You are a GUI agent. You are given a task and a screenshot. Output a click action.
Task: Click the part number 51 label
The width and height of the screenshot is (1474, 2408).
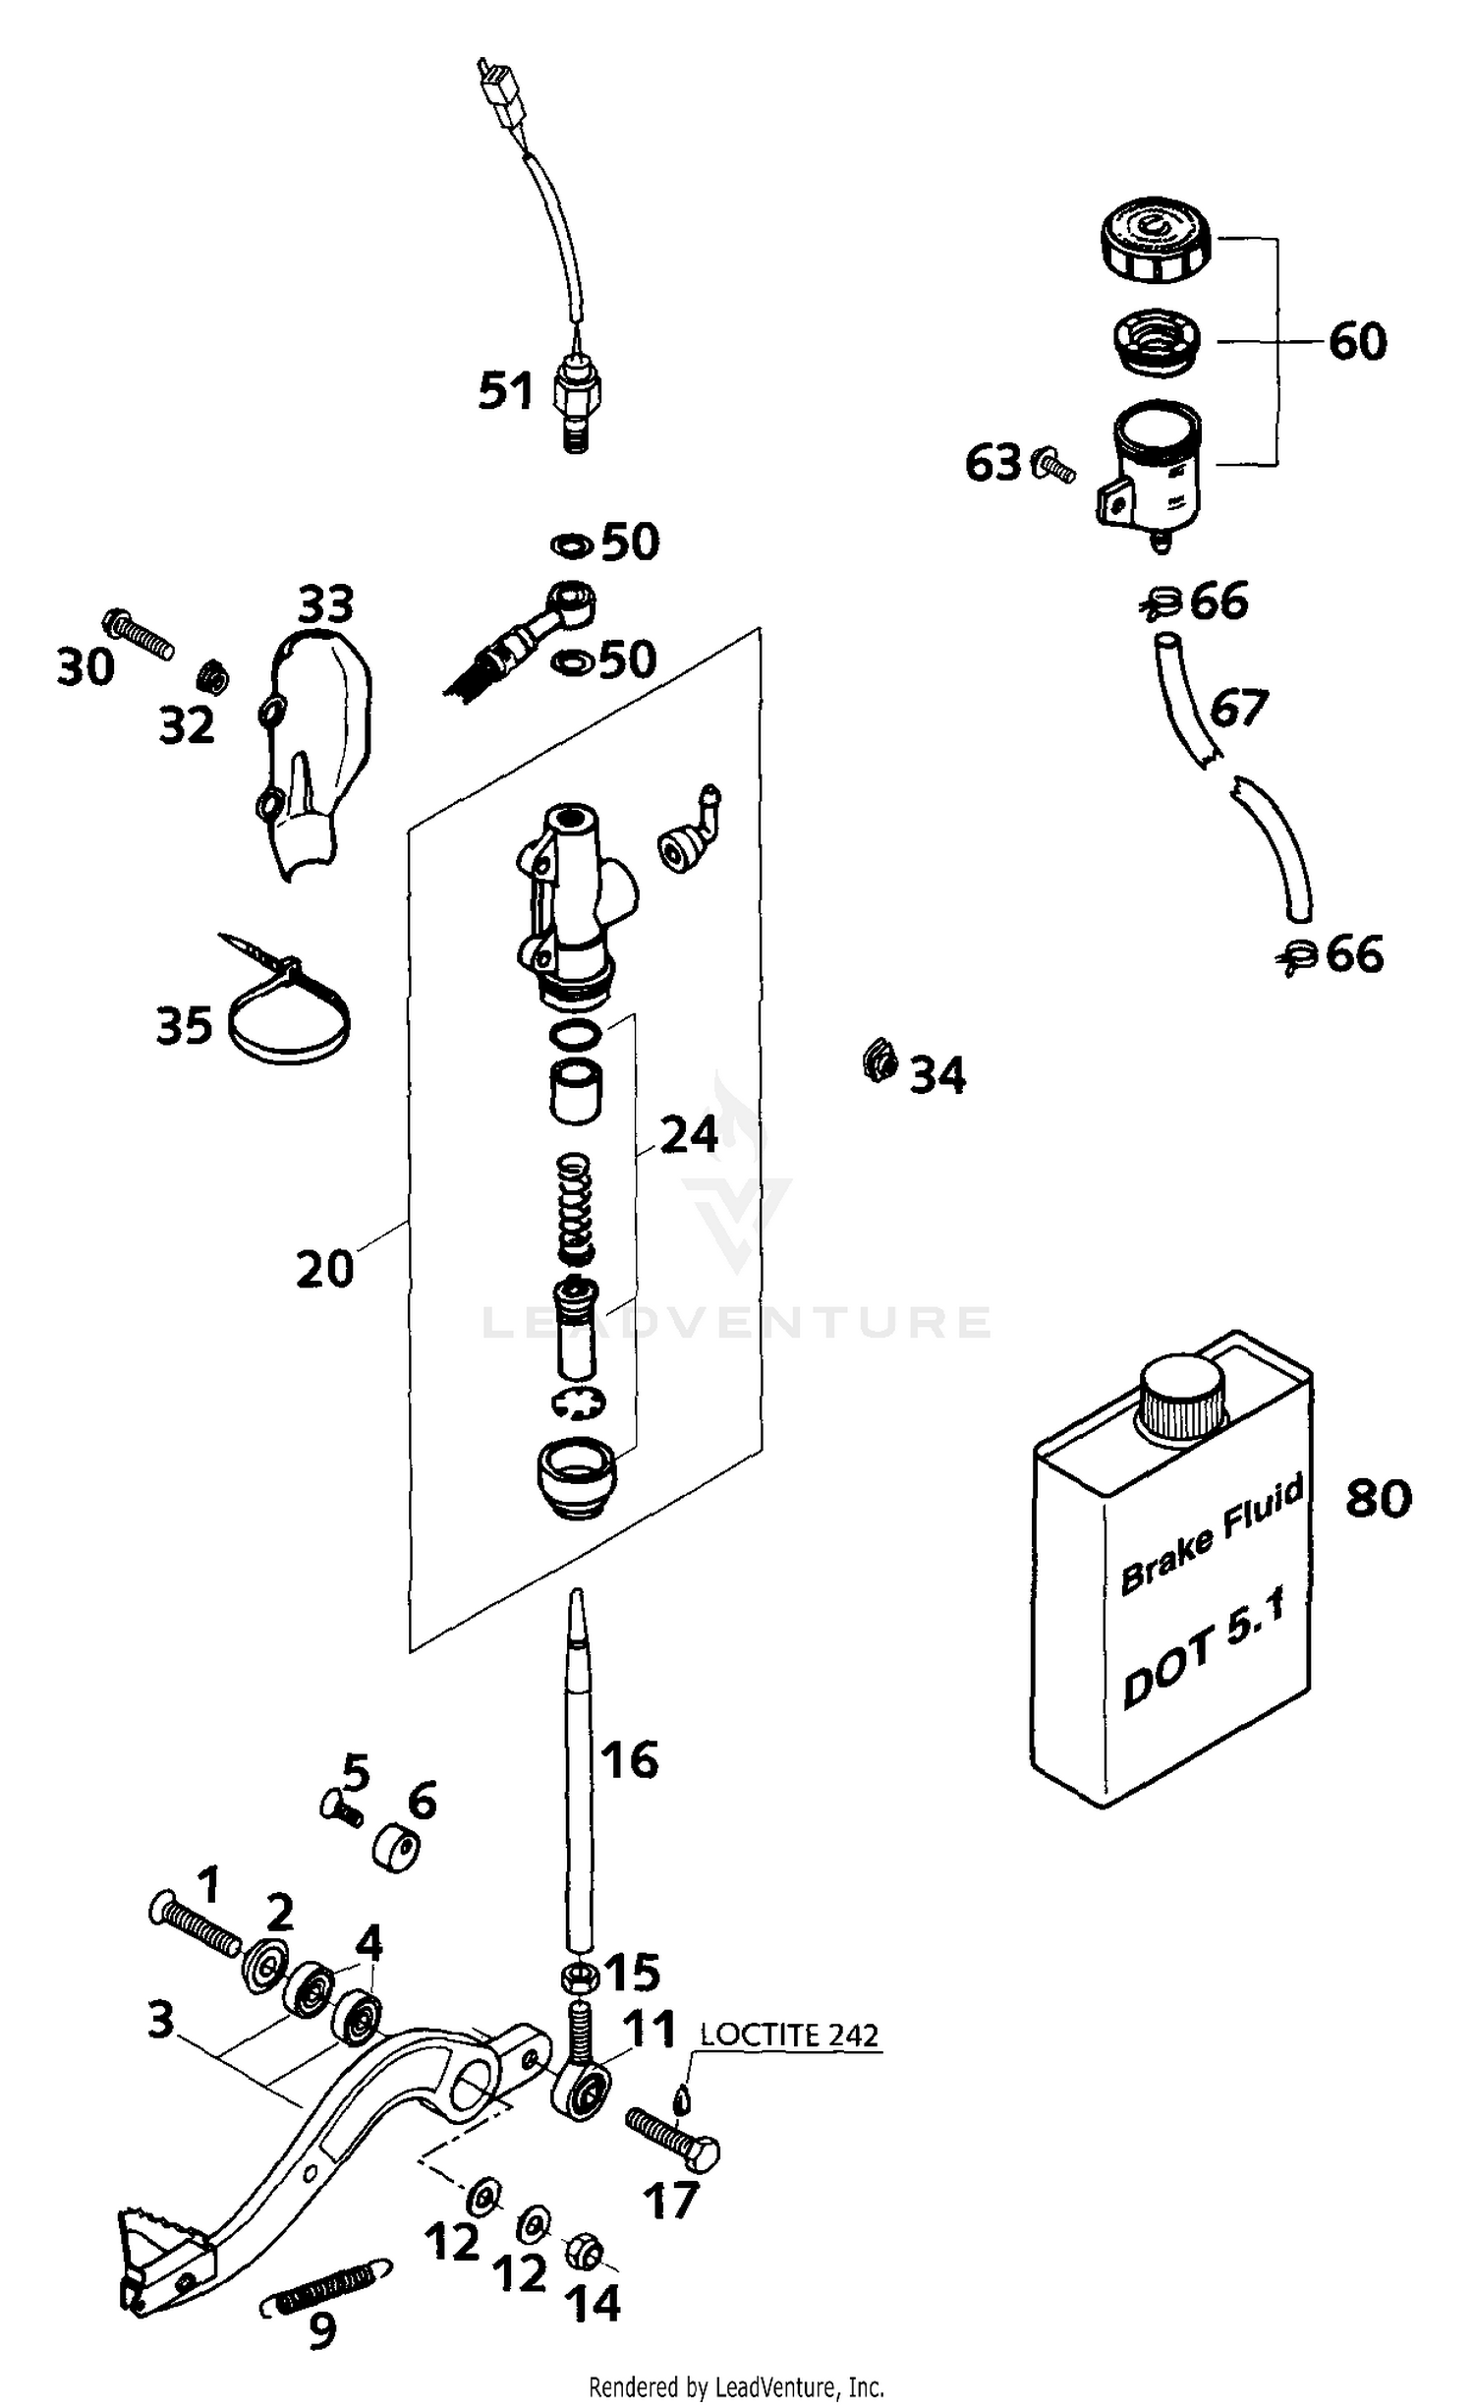506,390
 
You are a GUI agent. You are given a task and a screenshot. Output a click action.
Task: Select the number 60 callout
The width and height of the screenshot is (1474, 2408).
1357,341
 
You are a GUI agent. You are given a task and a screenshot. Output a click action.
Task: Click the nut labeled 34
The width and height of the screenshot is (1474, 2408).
879,1062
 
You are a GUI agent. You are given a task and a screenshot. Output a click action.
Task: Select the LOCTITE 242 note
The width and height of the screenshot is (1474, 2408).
788,2035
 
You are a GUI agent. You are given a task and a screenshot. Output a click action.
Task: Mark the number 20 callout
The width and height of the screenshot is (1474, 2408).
324,1269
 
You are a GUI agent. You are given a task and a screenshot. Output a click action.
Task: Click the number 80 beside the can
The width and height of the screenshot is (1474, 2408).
1378,1498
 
